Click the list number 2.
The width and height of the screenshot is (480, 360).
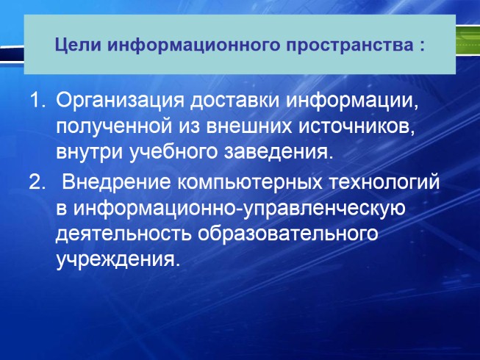[x=37, y=183]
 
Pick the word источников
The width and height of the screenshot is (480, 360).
[x=359, y=127]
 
